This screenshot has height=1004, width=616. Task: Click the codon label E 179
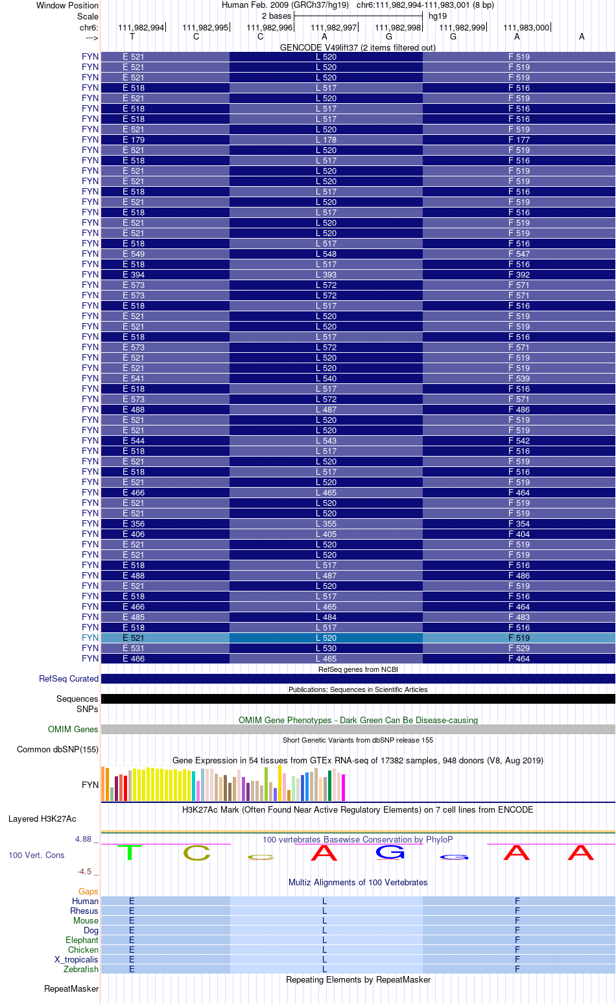pos(134,139)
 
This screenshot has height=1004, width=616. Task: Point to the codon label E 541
pos(134,378)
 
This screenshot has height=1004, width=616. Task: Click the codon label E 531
pos(134,648)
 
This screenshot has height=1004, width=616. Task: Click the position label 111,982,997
pos(334,27)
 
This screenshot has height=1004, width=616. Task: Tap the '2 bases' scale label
pos(276,16)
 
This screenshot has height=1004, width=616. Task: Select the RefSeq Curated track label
pos(69,678)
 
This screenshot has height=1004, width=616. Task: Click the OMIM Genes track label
pos(73,729)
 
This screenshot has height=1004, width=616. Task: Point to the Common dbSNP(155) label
pos(58,749)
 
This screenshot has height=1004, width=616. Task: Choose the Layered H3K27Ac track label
pos(42,819)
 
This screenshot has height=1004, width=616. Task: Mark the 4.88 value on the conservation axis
pos(83,839)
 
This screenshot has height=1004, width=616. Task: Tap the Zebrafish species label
pos(81,969)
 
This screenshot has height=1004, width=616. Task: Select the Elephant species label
pos(82,940)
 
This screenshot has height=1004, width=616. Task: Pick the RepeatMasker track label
pos(71,988)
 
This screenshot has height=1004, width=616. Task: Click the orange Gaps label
pos(88,891)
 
